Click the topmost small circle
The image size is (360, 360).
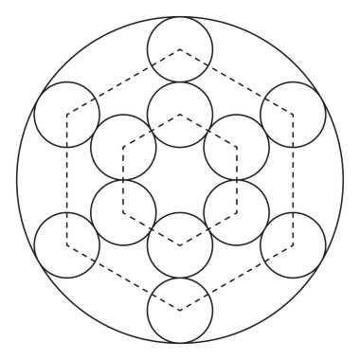[180, 48]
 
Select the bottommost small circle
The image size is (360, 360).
[180, 310]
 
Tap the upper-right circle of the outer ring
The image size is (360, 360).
[294, 114]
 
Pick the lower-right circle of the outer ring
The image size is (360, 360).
[294, 244]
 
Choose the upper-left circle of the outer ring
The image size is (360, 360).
[66, 114]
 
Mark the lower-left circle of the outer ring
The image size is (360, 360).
[66, 244]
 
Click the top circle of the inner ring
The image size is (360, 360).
[180, 114]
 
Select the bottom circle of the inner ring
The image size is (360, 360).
[180, 244]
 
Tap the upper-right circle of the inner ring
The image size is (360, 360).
[237, 147]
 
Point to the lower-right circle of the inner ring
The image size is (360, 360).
[237, 211]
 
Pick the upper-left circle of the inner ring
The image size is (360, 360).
[123, 147]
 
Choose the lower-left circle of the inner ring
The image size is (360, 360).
[123, 211]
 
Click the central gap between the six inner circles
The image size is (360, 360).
[180, 179]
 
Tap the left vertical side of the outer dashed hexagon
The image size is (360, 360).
[66, 179]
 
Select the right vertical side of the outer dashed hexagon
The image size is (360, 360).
[294, 179]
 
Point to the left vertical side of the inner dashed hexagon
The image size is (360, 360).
[123, 179]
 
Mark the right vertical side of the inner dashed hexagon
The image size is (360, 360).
[237, 179]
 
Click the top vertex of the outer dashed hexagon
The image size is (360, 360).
[180, 48]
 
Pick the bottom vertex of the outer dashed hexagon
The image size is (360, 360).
[180, 310]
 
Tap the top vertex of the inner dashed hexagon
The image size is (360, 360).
[180, 114]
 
